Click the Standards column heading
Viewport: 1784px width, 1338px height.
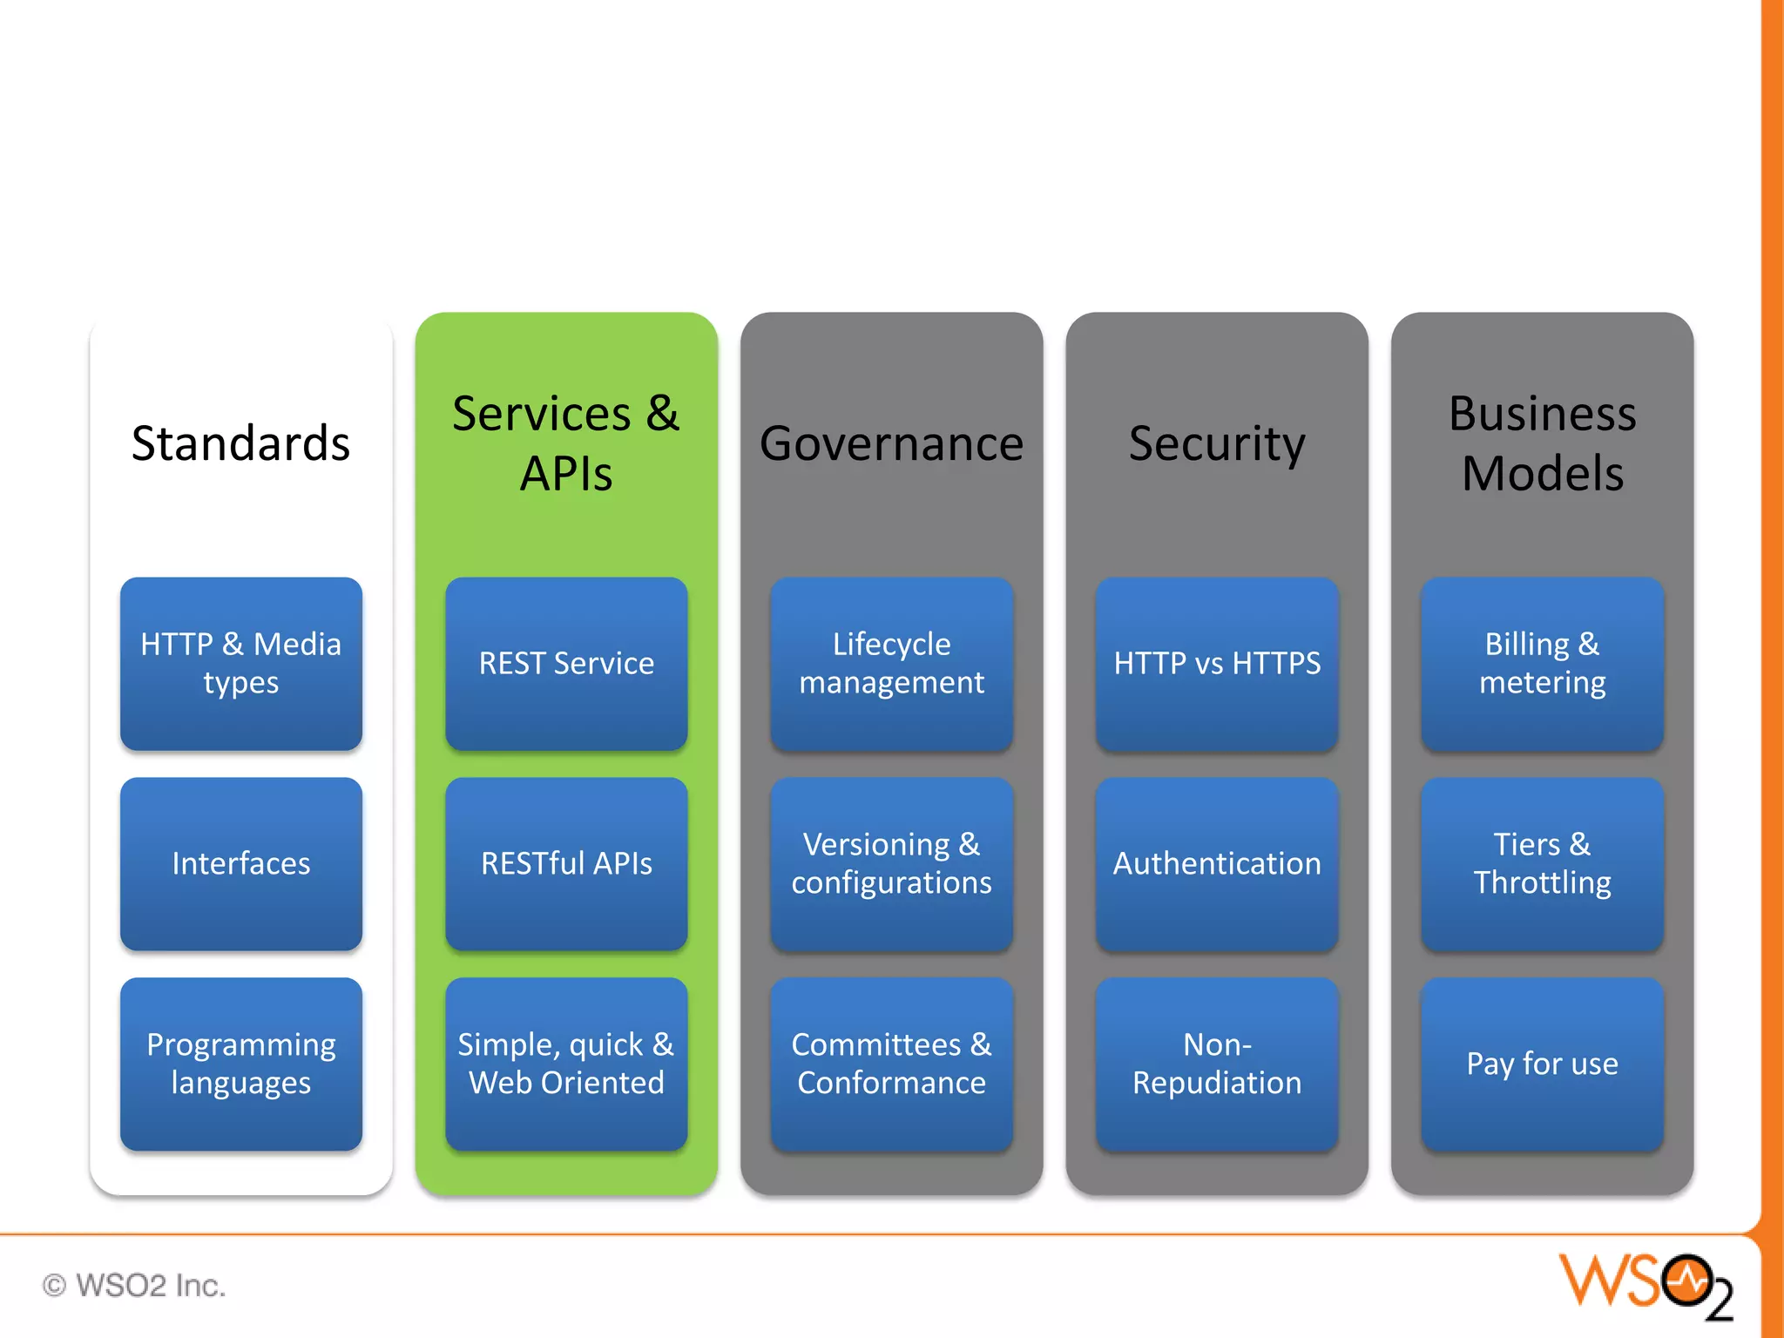(x=240, y=443)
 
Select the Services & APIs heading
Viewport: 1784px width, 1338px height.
(x=566, y=443)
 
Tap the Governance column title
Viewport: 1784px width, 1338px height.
(x=891, y=443)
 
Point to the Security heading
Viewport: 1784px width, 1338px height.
(x=1217, y=443)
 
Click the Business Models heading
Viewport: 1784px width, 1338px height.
(x=1542, y=443)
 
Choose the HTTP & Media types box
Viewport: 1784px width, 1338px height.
(x=240, y=663)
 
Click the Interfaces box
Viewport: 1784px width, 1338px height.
(x=240, y=863)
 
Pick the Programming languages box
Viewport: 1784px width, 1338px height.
(x=240, y=1064)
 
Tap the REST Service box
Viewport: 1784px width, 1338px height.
(x=566, y=663)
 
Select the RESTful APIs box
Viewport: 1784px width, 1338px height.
(x=566, y=863)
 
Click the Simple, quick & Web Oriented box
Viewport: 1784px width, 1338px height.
(x=566, y=1064)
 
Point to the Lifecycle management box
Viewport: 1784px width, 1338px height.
(x=891, y=663)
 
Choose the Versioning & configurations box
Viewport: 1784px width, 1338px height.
(x=891, y=863)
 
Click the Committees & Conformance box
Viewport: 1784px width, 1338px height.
(x=891, y=1064)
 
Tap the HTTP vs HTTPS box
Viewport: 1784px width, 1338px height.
(x=1217, y=663)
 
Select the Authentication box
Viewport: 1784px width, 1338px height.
(x=1217, y=863)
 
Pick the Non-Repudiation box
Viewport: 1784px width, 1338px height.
(x=1217, y=1064)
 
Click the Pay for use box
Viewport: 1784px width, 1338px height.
(x=1542, y=1064)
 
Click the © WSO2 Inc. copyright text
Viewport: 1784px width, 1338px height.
(x=134, y=1285)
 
